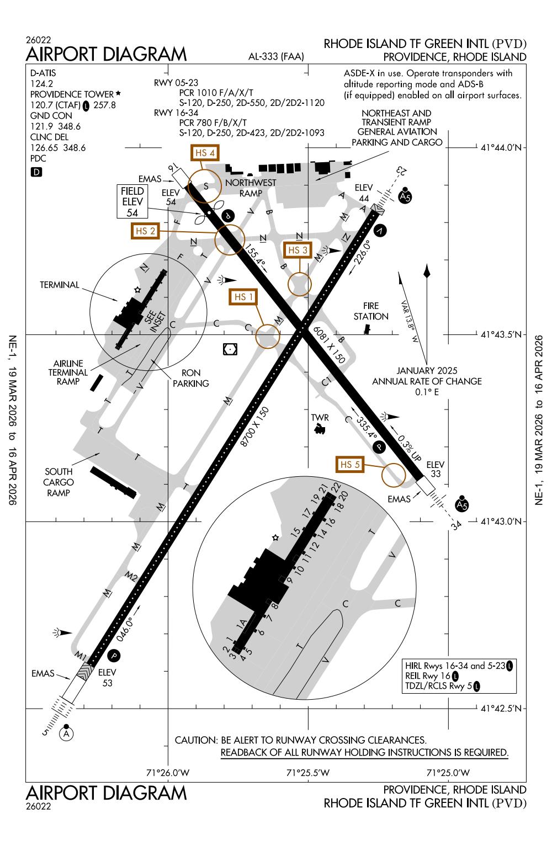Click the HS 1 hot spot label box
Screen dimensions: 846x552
(x=243, y=297)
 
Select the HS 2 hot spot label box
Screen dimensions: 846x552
(x=145, y=231)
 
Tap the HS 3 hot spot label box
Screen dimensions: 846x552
(x=298, y=250)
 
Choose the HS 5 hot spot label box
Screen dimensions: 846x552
(x=351, y=464)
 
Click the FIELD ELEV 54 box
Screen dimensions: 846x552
(x=132, y=201)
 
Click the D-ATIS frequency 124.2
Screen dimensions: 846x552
(x=41, y=83)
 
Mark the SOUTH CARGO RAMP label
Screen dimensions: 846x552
(x=59, y=482)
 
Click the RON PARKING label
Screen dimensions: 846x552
(x=190, y=378)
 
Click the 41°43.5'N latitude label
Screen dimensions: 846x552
(x=501, y=334)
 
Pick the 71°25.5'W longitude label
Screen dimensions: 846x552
(x=307, y=772)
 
